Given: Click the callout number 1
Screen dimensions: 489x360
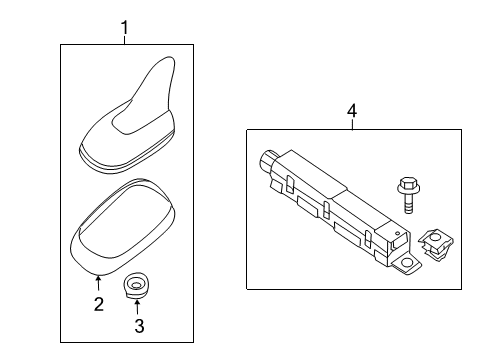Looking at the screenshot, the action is pos(124,28).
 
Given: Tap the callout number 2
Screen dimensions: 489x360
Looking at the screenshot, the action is pos(99,304).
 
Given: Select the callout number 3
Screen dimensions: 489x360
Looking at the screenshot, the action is pos(139,326).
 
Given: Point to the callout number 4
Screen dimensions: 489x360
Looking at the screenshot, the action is pos(352,111).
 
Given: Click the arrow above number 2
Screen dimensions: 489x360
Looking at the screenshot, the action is pos(98,283).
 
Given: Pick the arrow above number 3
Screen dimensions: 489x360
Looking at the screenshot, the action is pos(137,307).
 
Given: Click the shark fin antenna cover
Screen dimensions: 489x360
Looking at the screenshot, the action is pos(127,115).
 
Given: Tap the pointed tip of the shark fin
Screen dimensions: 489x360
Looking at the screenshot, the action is pos(171,58).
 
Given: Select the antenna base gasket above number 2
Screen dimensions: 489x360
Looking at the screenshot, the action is pos(123,227).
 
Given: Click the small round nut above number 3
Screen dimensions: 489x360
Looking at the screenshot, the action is pos(136,286).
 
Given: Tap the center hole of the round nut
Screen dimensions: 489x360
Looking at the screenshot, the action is pos(136,285).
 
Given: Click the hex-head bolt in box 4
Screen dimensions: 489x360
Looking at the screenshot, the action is pos(408,195).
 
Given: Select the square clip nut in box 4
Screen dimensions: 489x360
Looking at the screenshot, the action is pos(435,245).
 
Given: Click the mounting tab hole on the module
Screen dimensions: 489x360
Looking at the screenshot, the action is pos(407,263).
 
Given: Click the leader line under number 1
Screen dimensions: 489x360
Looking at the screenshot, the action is pos(124,40).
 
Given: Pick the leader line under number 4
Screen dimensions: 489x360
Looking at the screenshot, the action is pos(352,124).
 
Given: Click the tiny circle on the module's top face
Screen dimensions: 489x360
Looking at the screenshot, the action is pos(397,233).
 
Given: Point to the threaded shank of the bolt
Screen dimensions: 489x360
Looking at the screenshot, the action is pos(408,203).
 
